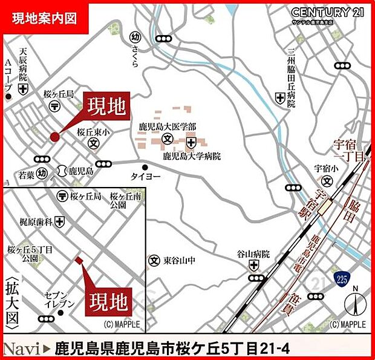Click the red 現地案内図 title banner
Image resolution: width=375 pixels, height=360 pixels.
tap(45, 18)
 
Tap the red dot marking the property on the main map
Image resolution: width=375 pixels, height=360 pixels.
tap(55, 137)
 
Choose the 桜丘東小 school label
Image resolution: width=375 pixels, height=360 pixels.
tap(93, 133)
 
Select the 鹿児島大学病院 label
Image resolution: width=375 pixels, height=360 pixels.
tap(192, 156)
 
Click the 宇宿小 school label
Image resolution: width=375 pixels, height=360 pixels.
tap(325, 169)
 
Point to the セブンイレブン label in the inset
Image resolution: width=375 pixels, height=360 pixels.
tap(59, 298)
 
